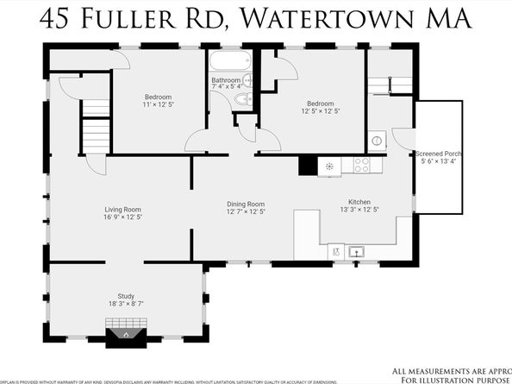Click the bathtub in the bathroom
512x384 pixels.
pos(228,62)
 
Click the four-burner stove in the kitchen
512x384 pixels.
pos(361,165)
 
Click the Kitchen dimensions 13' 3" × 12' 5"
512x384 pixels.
pos(357,210)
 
